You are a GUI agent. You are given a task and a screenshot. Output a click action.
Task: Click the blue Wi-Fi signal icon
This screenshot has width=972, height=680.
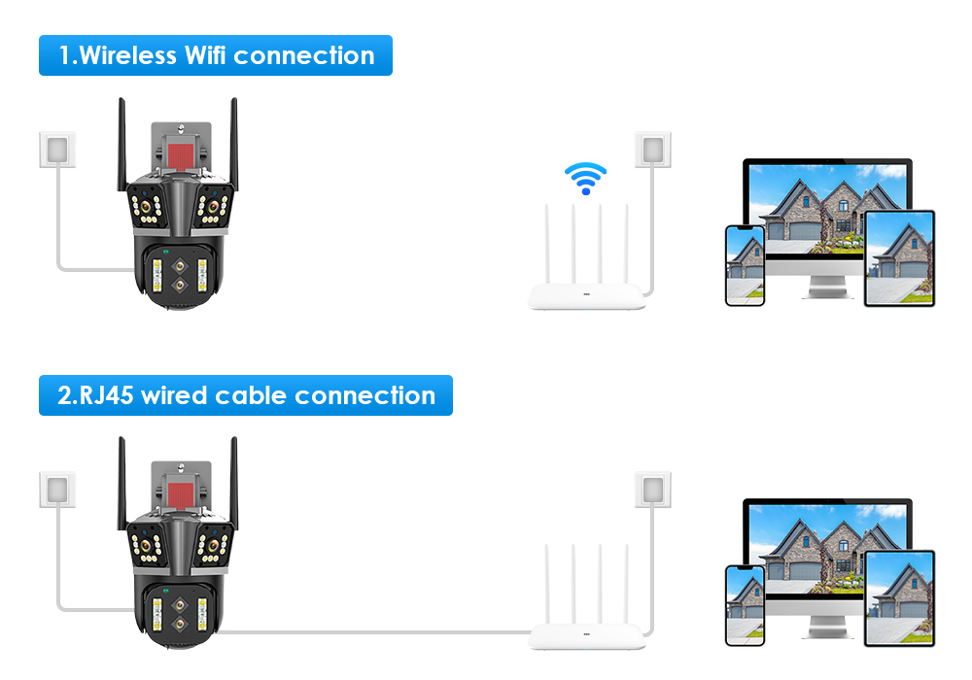[585, 179]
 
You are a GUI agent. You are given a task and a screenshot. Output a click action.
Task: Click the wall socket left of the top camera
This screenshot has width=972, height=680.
[57, 150]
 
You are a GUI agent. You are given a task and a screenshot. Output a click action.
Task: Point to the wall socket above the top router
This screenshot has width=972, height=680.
[653, 150]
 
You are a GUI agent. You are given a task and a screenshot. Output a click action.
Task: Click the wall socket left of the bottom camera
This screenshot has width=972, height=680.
[57, 490]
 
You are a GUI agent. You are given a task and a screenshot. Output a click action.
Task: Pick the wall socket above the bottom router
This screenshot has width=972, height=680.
[653, 490]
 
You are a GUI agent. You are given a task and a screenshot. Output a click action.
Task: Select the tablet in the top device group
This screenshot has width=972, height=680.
[899, 258]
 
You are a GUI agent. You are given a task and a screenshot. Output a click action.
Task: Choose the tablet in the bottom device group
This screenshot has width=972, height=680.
[899, 598]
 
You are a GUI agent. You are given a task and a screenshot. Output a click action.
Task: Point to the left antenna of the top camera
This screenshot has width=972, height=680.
[123, 141]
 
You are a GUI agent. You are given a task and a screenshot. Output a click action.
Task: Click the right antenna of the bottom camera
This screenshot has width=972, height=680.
[233, 481]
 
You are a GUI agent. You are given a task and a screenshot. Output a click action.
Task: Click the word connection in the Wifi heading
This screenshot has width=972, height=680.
[303, 55]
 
